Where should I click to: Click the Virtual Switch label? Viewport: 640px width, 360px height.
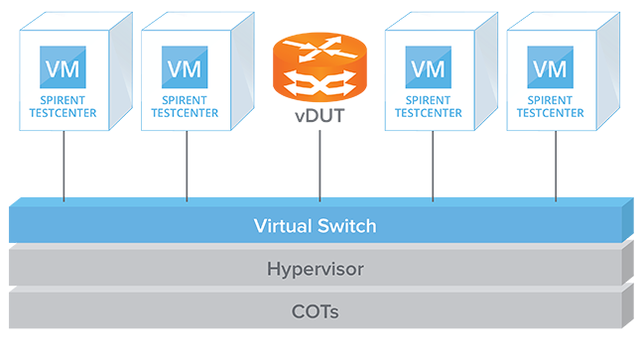(315, 227)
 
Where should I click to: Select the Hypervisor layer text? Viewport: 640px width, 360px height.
(315, 269)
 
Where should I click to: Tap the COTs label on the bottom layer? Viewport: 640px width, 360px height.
(315, 311)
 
